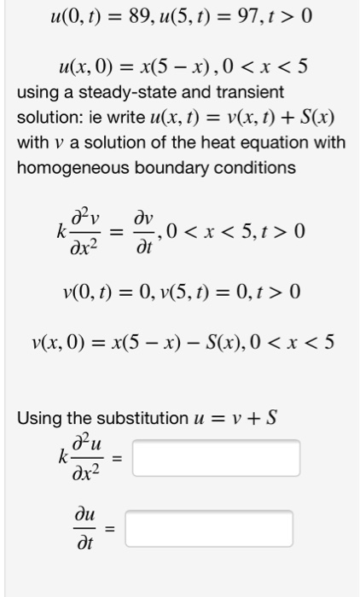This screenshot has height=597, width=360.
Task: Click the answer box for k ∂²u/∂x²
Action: pos(216,457)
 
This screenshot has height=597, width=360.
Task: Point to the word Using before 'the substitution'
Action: pos(38,419)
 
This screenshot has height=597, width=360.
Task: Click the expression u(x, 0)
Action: pos(88,65)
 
